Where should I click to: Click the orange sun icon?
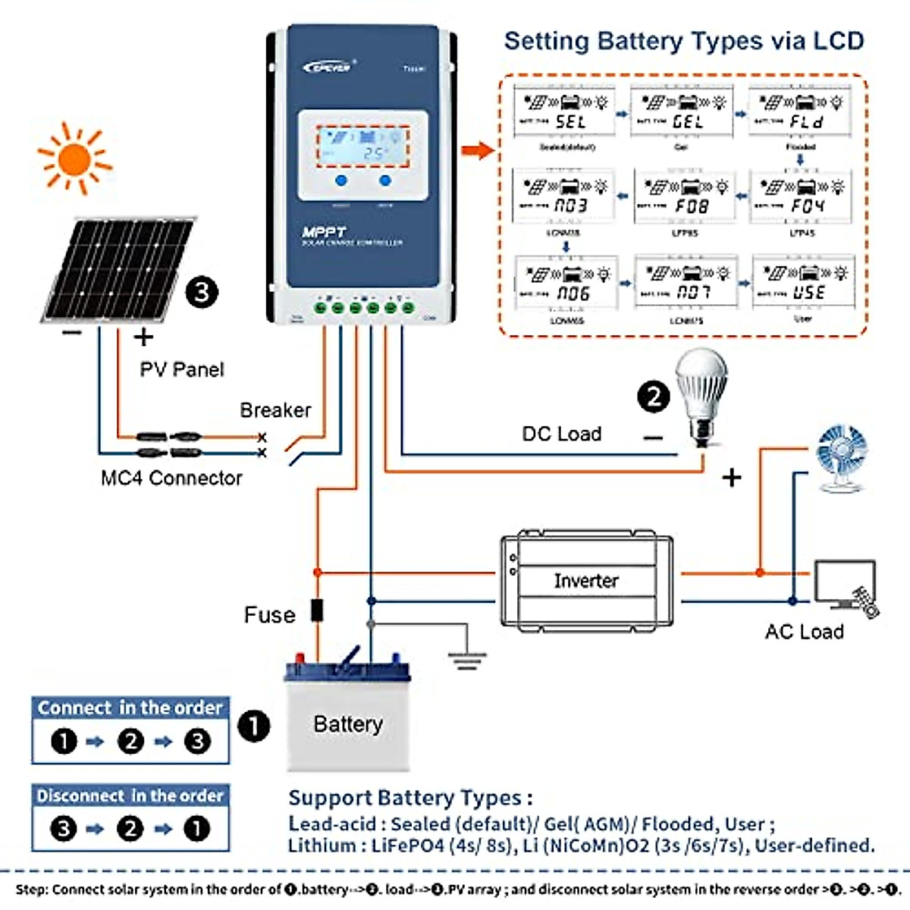[74, 158]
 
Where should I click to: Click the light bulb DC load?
[702, 394]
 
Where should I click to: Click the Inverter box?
[586, 581]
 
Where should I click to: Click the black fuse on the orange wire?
[317, 610]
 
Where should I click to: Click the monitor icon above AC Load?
[844, 582]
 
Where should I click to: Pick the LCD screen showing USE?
[803, 284]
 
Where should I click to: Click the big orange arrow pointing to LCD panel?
[478, 149]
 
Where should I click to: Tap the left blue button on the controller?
[341, 180]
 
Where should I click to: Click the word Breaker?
[275, 410]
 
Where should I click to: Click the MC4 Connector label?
[171, 479]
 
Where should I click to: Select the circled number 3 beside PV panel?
[202, 292]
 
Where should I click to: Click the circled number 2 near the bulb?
[654, 395]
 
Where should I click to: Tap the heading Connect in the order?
[130, 708]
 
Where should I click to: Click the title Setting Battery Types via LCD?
[684, 41]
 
